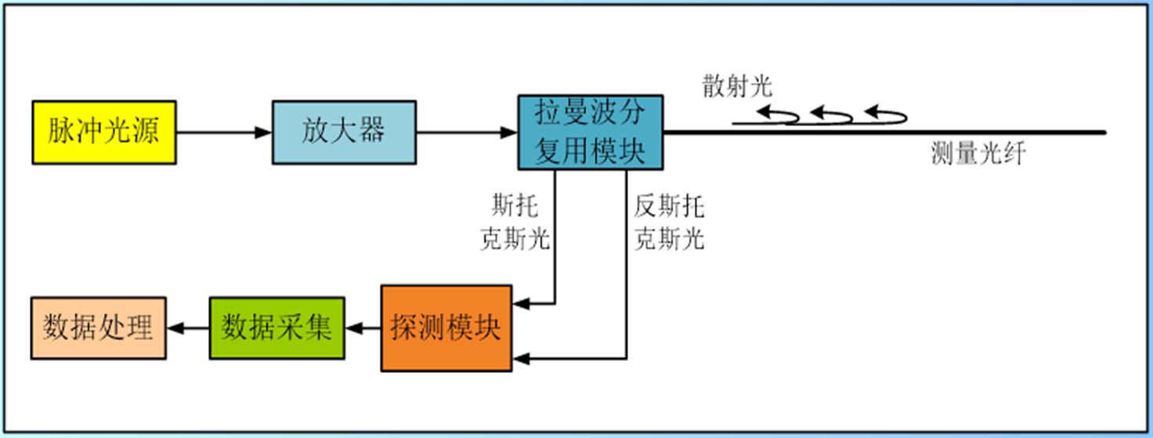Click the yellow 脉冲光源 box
click(x=103, y=132)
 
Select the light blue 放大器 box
click(x=343, y=132)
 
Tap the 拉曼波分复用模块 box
click(x=590, y=132)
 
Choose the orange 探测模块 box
click(x=446, y=328)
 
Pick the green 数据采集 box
click(x=277, y=328)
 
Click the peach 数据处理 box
click(x=98, y=328)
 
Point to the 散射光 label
click(x=737, y=87)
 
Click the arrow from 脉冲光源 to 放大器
click(x=224, y=132)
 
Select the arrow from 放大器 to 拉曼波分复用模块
click(x=466, y=132)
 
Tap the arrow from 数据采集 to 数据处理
click(x=187, y=328)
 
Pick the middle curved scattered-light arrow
click(x=832, y=115)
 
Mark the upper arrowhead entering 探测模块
click(x=520, y=302)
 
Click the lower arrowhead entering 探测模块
click(x=520, y=359)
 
